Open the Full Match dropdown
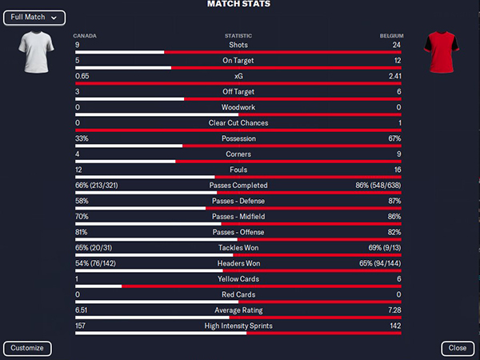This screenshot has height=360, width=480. [34, 18]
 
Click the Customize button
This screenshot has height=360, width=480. [27, 348]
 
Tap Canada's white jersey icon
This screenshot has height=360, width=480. [36, 52]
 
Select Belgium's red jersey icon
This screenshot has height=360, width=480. [441, 52]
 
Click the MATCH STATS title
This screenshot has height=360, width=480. [238, 4]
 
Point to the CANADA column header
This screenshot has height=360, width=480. [85, 36]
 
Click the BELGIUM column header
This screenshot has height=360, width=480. [391, 36]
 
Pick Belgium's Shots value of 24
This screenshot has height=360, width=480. [397, 45]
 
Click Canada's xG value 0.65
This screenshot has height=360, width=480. [82, 76]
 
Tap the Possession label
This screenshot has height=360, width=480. [238, 138]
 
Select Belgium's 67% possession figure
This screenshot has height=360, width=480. [394, 138]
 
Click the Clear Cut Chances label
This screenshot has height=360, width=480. [238, 123]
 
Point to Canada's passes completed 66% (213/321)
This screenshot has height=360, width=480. [97, 186]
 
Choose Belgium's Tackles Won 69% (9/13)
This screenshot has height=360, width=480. [385, 248]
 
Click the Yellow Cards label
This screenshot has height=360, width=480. [238, 279]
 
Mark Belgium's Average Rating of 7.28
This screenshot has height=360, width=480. [394, 310]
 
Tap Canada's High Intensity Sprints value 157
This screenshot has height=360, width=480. [80, 326]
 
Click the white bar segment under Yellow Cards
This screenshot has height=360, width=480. [98, 286]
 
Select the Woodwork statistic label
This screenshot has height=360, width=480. [238, 107]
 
